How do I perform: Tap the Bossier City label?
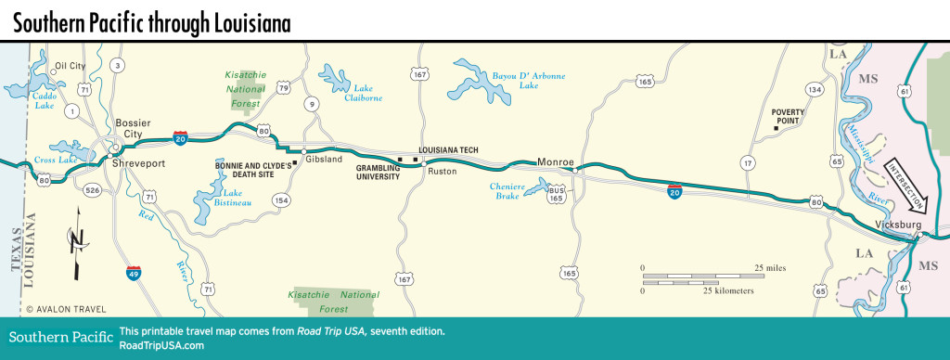[x=127, y=128]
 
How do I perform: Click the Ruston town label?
[x=442, y=172]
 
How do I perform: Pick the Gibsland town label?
[x=325, y=160]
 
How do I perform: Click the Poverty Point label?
[x=787, y=116]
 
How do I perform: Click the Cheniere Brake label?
[x=508, y=191]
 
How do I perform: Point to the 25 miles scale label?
[x=769, y=267]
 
